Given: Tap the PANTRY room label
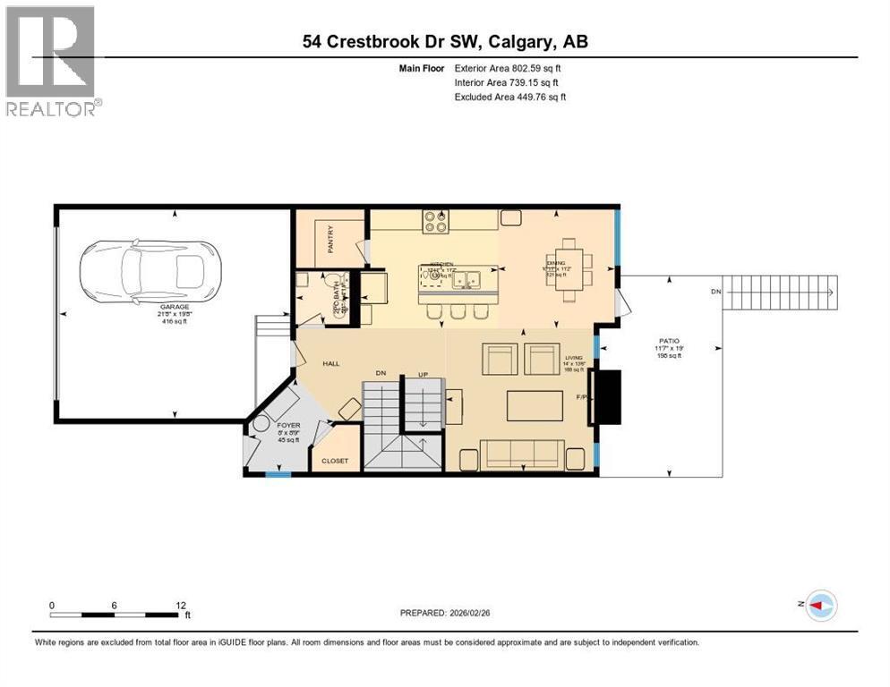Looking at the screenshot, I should click(x=330, y=240).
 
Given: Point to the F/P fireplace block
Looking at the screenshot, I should click(x=609, y=396).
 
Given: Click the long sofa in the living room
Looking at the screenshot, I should click(x=520, y=454).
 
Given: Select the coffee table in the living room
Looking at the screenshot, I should click(x=535, y=405).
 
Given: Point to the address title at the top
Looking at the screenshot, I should click(x=444, y=41).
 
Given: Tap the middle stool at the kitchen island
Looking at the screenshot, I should click(x=458, y=310).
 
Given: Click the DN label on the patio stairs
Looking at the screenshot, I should click(x=714, y=293).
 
